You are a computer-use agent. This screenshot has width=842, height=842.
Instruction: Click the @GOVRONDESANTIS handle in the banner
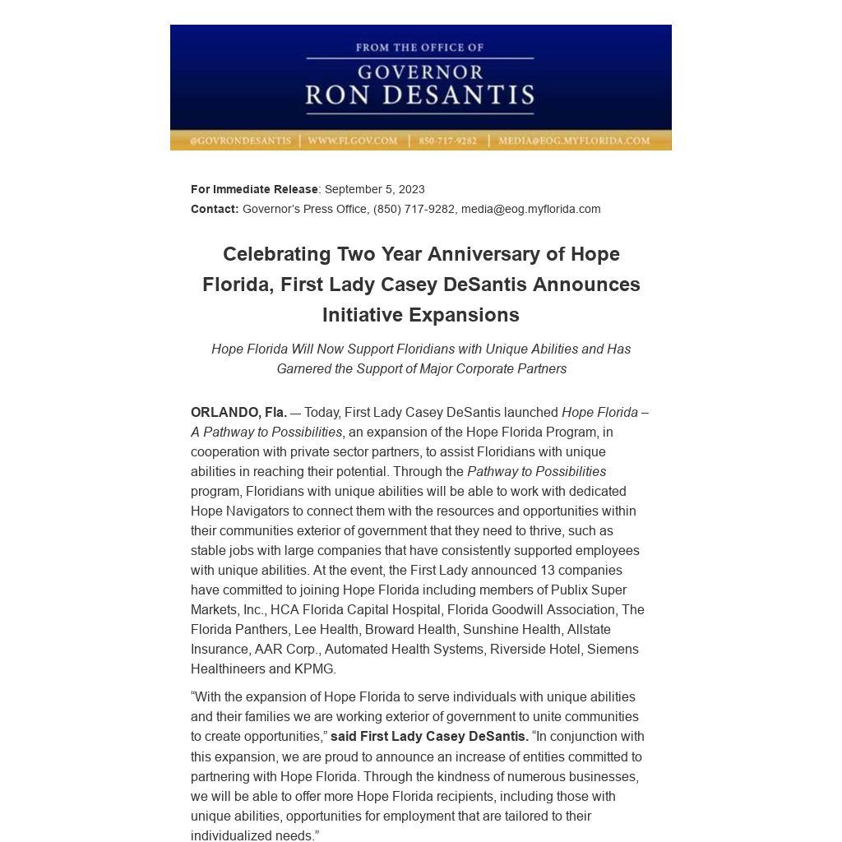pos(240,141)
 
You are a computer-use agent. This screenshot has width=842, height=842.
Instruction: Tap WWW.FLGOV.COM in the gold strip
pos(352,141)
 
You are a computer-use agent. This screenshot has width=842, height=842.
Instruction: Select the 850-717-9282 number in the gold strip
pos(447,141)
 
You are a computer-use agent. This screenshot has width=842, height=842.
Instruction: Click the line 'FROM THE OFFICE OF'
pos(419,48)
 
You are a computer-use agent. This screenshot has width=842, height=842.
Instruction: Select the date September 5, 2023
pos(375,189)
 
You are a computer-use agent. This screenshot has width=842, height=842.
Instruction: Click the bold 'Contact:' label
pos(215,209)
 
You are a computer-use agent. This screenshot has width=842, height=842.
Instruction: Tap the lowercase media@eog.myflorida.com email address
pos(530,209)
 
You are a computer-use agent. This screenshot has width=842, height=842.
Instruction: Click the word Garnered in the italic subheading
pos(303,368)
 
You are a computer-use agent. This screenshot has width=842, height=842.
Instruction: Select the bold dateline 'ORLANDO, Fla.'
pos(238,412)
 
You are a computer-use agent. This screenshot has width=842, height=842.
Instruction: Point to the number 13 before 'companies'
pos(547,570)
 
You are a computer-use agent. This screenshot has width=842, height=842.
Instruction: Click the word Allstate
pos(589,629)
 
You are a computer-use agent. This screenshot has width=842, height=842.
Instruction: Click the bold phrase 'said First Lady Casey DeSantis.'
pos(429,736)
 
